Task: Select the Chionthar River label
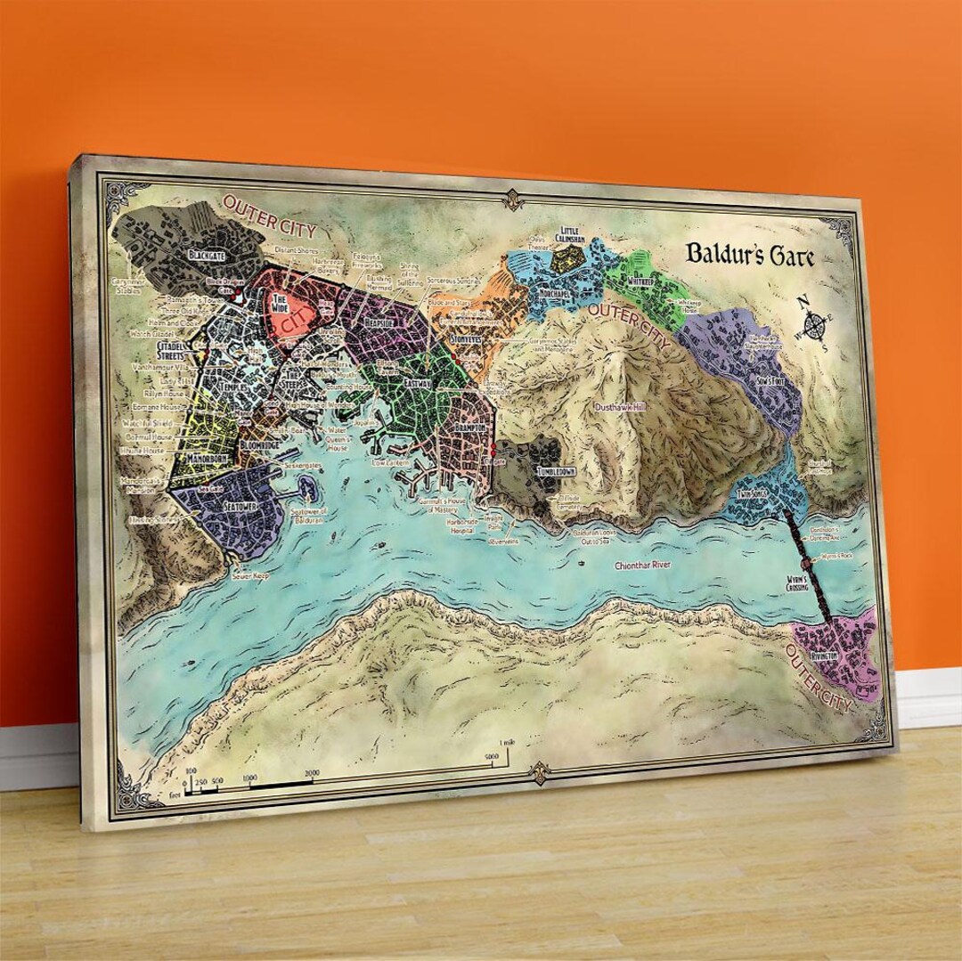(642, 566)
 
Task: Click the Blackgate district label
(208, 255)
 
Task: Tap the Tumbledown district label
(557, 471)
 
